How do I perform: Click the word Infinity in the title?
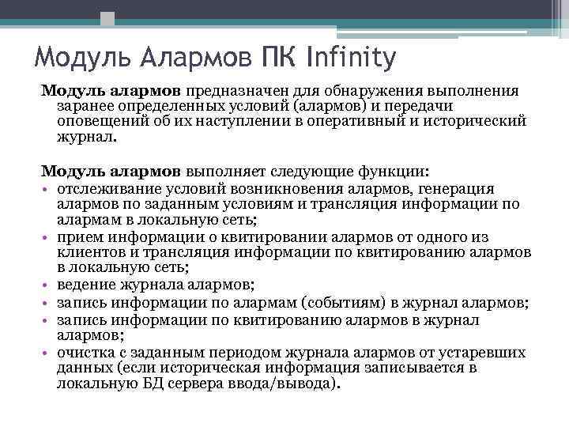tap(345, 58)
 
